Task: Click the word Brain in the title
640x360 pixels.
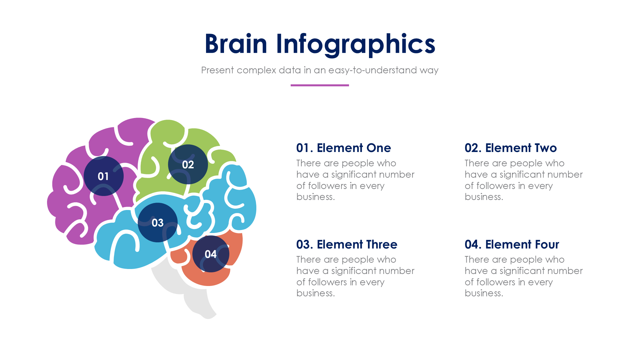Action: point(236,44)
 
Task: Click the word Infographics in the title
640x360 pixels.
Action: point(355,44)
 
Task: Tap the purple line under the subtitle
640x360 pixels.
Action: point(320,85)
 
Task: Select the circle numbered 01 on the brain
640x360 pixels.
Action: point(103,176)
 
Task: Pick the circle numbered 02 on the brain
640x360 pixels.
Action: point(188,164)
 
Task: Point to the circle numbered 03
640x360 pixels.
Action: point(157,222)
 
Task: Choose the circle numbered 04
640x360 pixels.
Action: point(211,254)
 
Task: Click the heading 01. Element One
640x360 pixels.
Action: point(343,148)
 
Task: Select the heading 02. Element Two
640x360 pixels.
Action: point(510,148)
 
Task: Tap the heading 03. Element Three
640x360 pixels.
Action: point(346,244)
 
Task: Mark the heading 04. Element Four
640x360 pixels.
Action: point(512,244)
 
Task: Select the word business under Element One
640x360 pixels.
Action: point(315,197)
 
